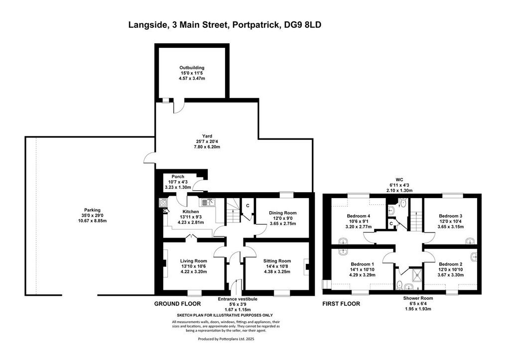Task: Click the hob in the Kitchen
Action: (163, 203)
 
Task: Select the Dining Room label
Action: (283, 213)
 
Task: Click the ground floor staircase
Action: (233, 212)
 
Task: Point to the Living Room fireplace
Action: (165, 263)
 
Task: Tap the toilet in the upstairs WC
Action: (403, 203)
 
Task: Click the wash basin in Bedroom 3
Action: (470, 241)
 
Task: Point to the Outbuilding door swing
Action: (179, 106)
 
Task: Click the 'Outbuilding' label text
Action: (192, 68)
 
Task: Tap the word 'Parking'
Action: (92, 210)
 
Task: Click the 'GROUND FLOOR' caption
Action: (177, 304)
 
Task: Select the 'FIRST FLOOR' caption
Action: (341, 304)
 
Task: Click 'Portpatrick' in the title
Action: (255, 25)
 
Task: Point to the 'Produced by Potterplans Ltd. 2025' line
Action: (226, 339)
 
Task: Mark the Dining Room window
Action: (286, 195)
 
